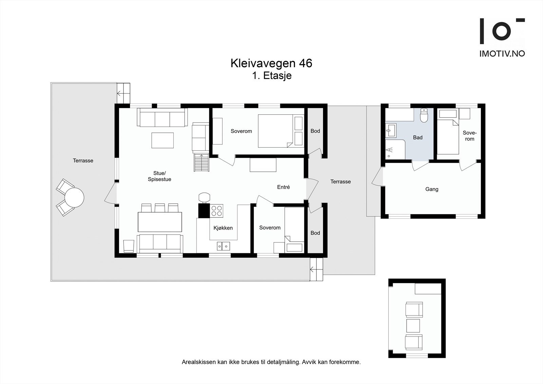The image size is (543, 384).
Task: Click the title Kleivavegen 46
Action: pos(271,63)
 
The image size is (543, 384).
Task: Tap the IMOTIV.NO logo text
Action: pos(502,54)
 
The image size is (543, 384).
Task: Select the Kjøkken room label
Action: pos(223,228)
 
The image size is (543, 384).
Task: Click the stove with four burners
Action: pos(217,211)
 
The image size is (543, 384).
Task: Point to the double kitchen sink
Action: pos(223,245)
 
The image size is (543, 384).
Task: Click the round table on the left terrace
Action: pos(74,198)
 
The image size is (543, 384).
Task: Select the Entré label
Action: pos(283,187)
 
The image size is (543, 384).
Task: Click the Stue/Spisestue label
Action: pos(160,176)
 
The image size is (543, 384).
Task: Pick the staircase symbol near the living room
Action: pos(202,163)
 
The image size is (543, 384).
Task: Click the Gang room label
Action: pos(432,189)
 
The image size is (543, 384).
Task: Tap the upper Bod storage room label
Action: pos(315,131)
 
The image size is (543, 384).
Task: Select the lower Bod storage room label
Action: pos(315,233)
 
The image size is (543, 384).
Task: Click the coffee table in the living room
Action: pos(163,140)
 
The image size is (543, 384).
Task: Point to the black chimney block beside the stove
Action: pos(204,211)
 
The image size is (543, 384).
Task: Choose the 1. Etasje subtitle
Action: pos(272,75)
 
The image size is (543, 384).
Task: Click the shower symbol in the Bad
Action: pos(389,150)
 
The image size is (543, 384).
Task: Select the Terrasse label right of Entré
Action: pos(340,182)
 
